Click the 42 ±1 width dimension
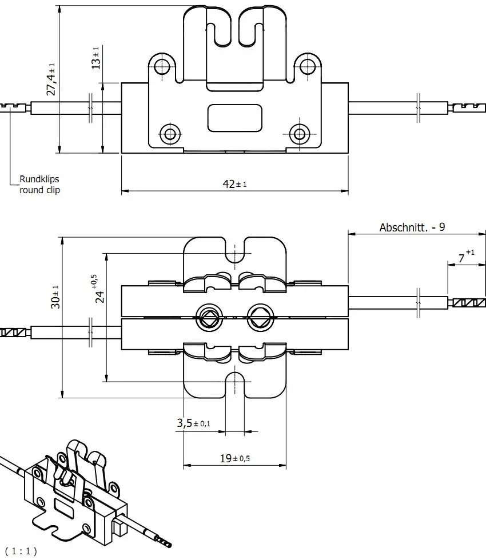point(234,183)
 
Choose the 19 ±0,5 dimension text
point(234,458)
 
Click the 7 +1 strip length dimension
point(466,257)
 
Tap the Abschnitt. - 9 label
point(412,227)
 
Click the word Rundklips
point(39,179)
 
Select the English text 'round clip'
point(39,190)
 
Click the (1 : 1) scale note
point(21,551)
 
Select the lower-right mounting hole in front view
point(298,134)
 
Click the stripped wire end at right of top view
point(468,303)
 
